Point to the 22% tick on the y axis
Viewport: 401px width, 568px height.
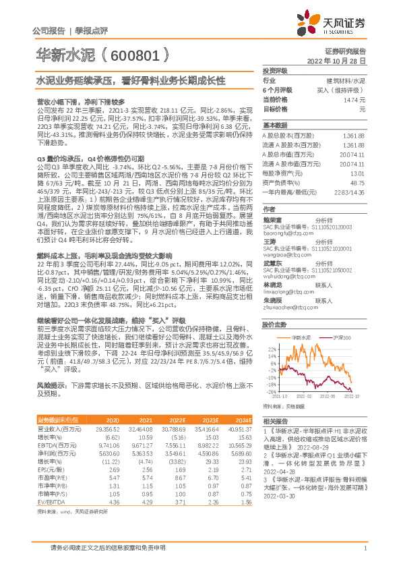[x=271, y=348]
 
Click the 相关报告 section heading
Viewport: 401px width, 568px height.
[x=274, y=420]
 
